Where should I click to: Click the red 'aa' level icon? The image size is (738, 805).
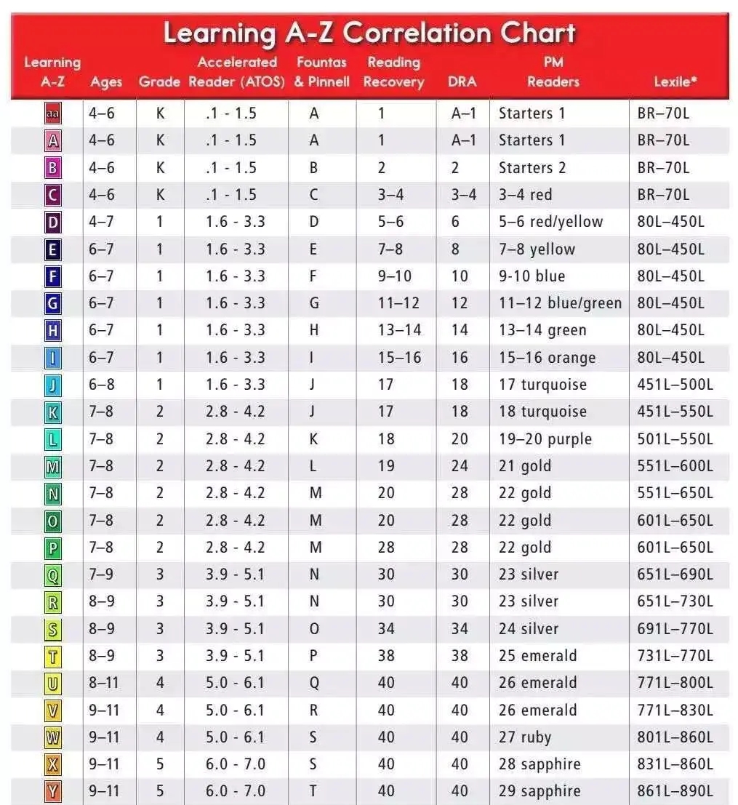click(53, 113)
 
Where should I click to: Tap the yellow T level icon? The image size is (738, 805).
click(53, 656)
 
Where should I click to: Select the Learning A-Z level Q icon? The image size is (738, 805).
click(53, 575)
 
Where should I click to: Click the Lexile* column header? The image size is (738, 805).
click(675, 82)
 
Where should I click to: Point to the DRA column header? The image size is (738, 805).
click(462, 82)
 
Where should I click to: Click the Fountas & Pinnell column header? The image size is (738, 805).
click(321, 72)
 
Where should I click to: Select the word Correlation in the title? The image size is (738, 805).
click(416, 33)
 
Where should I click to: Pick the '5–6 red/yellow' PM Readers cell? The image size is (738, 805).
click(550, 222)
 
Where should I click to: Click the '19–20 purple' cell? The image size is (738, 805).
click(545, 439)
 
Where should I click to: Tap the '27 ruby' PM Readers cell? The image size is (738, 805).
click(525, 737)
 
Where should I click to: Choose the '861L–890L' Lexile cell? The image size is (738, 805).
click(675, 792)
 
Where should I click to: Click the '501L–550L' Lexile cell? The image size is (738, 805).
click(675, 439)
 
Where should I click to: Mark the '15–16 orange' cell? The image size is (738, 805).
click(547, 358)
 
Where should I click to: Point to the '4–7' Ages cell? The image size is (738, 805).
click(102, 222)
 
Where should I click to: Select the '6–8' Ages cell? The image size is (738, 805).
click(102, 385)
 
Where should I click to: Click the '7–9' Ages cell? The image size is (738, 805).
click(102, 574)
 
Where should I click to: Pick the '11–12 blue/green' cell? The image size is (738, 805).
click(560, 303)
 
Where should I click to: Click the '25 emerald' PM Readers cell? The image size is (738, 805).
click(537, 656)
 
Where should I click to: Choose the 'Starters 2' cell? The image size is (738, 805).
click(532, 168)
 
